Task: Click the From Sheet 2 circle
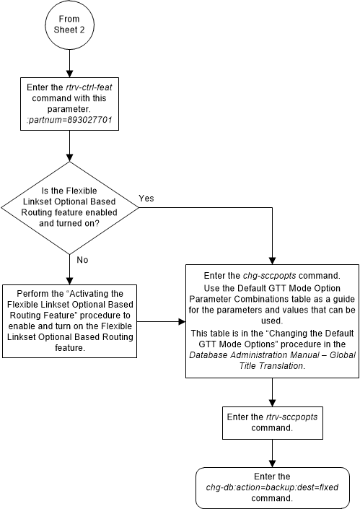(69, 27)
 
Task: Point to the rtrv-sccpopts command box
(272, 422)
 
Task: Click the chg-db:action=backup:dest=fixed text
(272, 487)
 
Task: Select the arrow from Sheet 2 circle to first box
(69, 64)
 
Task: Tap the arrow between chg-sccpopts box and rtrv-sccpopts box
(272, 390)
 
